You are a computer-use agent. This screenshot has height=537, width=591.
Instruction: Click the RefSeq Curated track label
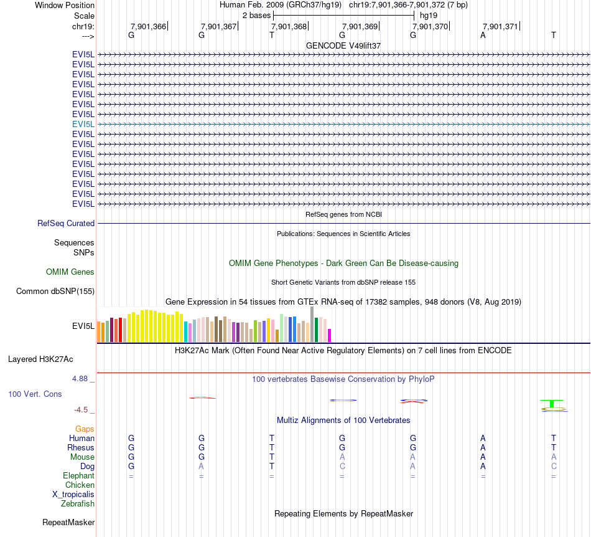tap(66, 223)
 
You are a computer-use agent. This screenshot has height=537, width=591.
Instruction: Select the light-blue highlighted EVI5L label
tap(83, 124)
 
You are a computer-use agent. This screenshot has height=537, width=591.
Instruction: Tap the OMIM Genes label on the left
tap(70, 272)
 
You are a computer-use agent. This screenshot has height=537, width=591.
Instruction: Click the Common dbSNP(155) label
tap(55, 291)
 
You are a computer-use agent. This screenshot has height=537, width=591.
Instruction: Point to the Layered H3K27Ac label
tap(40, 359)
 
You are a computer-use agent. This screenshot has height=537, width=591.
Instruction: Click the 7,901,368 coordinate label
tap(289, 26)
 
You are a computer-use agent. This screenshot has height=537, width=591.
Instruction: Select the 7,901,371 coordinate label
tap(500, 26)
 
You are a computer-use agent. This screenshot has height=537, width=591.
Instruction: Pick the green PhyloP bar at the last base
tap(552, 403)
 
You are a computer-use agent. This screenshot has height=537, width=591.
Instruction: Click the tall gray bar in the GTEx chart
tap(312, 324)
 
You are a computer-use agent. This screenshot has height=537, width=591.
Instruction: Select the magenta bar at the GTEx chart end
tap(330, 335)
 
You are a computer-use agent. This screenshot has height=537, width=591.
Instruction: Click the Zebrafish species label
tap(78, 503)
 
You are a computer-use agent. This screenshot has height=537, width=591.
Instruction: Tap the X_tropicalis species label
tap(73, 494)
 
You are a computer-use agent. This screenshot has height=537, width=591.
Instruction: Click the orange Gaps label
tap(85, 429)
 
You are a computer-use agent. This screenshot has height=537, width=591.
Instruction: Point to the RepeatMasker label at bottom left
tap(68, 522)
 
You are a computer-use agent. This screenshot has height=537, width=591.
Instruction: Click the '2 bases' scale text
tap(256, 14)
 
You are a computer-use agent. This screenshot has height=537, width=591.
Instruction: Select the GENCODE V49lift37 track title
tap(343, 45)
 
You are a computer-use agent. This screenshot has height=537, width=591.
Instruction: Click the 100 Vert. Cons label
tap(35, 394)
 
